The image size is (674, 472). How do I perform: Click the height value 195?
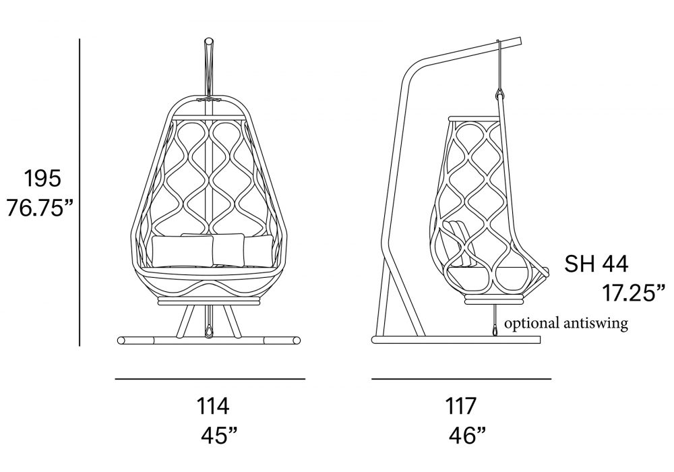tap(42, 179)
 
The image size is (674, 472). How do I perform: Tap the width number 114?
tap(213, 406)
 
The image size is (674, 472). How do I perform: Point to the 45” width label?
tap(219, 437)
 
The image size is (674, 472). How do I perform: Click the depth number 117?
tap(460, 406)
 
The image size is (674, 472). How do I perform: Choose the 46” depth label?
tap(468, 437)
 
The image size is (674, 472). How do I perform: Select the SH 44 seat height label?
tap(596, 264)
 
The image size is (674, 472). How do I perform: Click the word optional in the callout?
tap(532, 323)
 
